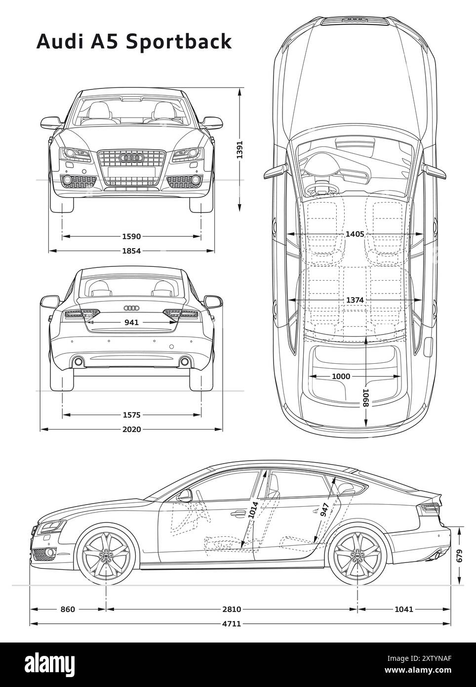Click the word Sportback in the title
point(179,42)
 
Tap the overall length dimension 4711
point(231,623)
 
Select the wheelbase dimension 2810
point(231,609)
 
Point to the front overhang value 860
point(68,609)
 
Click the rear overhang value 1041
point(404,609)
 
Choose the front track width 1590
point(132,236)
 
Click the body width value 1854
point(132,251)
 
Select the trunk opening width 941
point(131,322)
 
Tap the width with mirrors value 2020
point(132,429)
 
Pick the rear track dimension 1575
point(132,415)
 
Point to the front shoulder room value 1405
point(355,234)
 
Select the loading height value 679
point(460,556)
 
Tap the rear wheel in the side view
point(357,557)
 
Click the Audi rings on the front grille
point(131,158)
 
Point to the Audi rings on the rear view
point(131,308)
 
